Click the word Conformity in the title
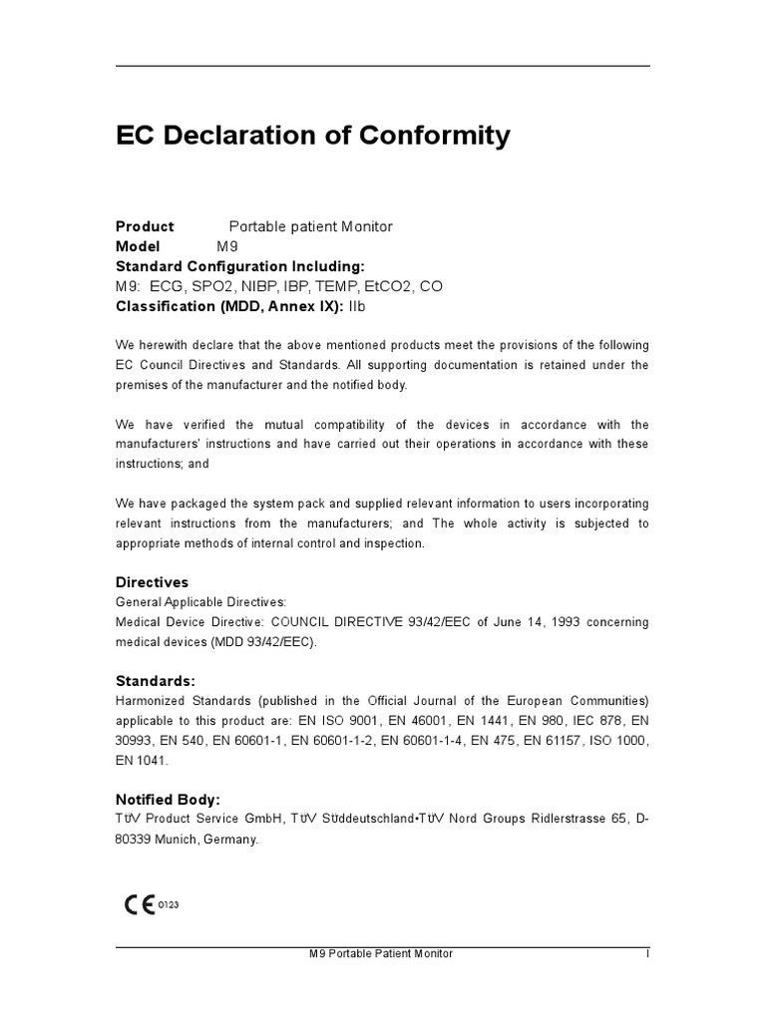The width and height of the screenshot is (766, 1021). [427, 136]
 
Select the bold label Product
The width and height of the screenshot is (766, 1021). [145, 226]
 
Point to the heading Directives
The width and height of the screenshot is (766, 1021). [152, 582]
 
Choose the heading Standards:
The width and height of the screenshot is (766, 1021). [156, 681]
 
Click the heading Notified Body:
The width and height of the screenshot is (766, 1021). [168, 800]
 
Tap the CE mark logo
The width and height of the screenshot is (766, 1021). [139, 905]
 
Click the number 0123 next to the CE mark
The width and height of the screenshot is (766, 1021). [168, 905]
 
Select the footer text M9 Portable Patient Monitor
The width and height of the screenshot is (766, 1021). [381, 954]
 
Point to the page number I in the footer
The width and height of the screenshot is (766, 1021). [647, 954]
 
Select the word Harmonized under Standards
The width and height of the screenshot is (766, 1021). [153, 701]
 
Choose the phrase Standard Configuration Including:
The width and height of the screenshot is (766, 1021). [240, 266]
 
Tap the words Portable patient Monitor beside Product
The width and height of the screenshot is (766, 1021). [311, 226]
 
